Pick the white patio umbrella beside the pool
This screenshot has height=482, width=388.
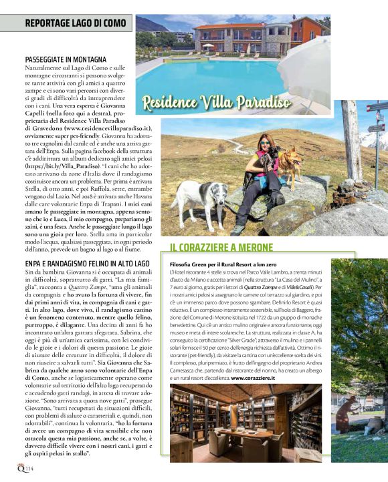point(304,63)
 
